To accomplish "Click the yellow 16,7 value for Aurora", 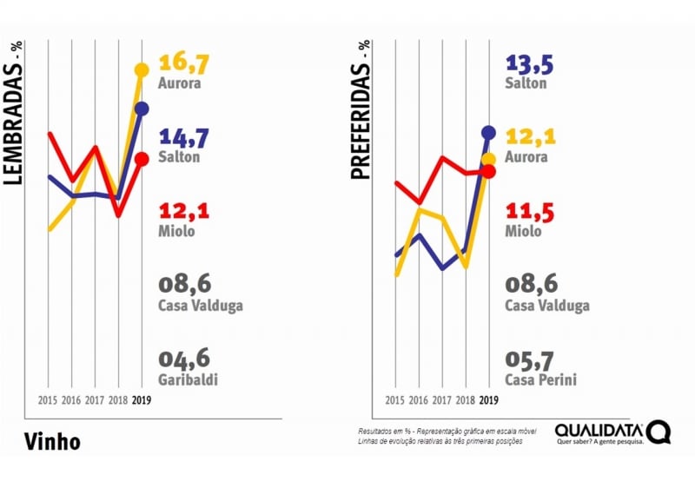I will tap(185, 63).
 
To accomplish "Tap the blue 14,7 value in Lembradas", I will tap(184, 137).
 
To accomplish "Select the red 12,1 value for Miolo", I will tap(184, 211).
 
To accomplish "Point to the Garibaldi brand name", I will tap(188, 379).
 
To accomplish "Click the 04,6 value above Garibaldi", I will tap(184, 359).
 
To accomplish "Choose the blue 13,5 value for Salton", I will tap(529, 63).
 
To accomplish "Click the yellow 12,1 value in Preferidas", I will tap(530, 137).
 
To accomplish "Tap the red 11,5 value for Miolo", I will tap(529, 211).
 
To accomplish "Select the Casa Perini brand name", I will tap(540, 379).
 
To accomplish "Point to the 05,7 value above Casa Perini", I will tap(531, 359).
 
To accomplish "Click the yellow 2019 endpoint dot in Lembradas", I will tap(142, 69).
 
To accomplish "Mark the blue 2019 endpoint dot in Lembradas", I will tap(142, 109).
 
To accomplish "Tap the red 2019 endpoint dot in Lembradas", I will tap(142, 158).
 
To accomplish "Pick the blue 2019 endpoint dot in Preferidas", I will tap(488, 132).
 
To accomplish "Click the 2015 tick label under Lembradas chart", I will tap(48, 400).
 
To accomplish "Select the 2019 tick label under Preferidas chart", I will tap(488, 400).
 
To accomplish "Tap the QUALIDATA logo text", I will tap(599, 430).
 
